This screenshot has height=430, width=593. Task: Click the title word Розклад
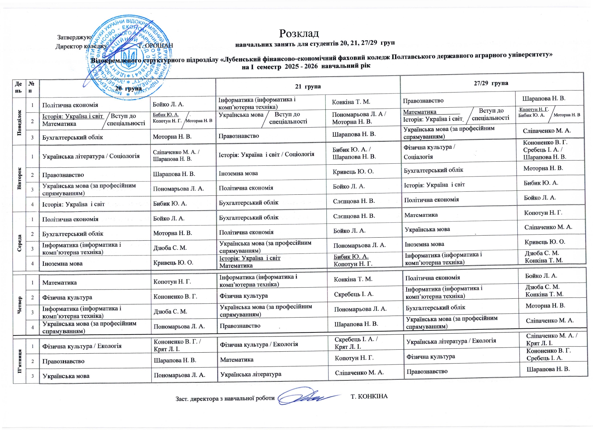coord(299,33)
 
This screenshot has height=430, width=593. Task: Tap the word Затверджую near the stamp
coord(74,37)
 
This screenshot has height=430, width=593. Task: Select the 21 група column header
coord(307,86)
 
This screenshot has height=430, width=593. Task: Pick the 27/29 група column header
coord(491,83)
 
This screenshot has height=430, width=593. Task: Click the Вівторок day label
coord(19,178)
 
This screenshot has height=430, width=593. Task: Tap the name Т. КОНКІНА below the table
coord(369,396)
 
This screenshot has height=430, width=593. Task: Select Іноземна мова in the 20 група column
coord(62,263)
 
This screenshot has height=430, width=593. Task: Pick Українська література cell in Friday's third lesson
coord(251,374)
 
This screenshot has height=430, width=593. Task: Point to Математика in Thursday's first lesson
coord(59,283)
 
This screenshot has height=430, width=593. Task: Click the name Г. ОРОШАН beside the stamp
coord(156,46)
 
